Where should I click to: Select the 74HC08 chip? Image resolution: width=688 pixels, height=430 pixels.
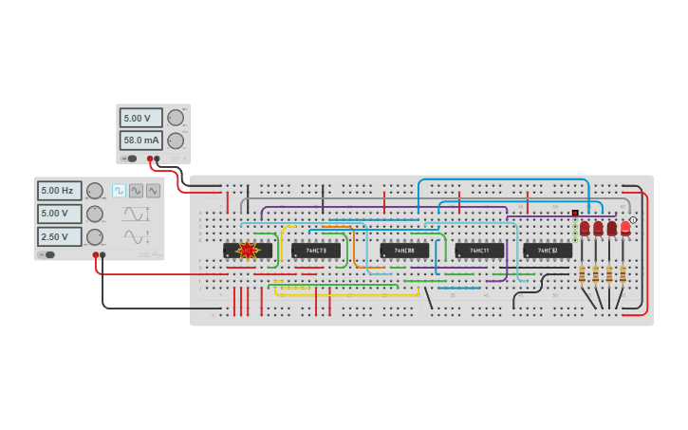[404, 251]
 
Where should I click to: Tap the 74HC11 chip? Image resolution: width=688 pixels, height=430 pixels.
[479, 251]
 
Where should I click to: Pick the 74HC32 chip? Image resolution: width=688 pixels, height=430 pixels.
[548, 251]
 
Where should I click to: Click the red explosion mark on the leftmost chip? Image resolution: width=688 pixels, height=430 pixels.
[248, 251]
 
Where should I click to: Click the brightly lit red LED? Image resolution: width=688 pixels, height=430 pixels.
[625, 228]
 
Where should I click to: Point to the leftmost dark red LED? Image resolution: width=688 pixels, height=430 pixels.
[585, 228]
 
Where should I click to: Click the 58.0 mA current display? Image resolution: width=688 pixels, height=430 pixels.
[140, 140]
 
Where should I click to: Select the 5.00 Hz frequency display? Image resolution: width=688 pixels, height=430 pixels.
[59, 191]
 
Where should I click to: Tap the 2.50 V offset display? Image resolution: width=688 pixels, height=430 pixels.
[59, 236]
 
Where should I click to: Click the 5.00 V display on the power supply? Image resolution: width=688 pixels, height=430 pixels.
[140, 118]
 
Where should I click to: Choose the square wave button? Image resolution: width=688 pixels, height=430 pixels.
[119, 190]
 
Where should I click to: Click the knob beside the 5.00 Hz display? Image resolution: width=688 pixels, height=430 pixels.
[95, 191]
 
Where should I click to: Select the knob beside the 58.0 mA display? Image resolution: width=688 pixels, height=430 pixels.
[176, 140]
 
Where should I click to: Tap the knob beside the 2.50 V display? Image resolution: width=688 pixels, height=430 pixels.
[95, 236]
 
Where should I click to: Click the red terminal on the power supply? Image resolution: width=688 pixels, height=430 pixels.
[149, 159]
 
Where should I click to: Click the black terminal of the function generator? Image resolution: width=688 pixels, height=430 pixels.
[102, 254]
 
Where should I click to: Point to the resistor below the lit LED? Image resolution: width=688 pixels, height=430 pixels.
[623, 274]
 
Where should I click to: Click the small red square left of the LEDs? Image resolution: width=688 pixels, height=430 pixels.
[575, 214]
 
